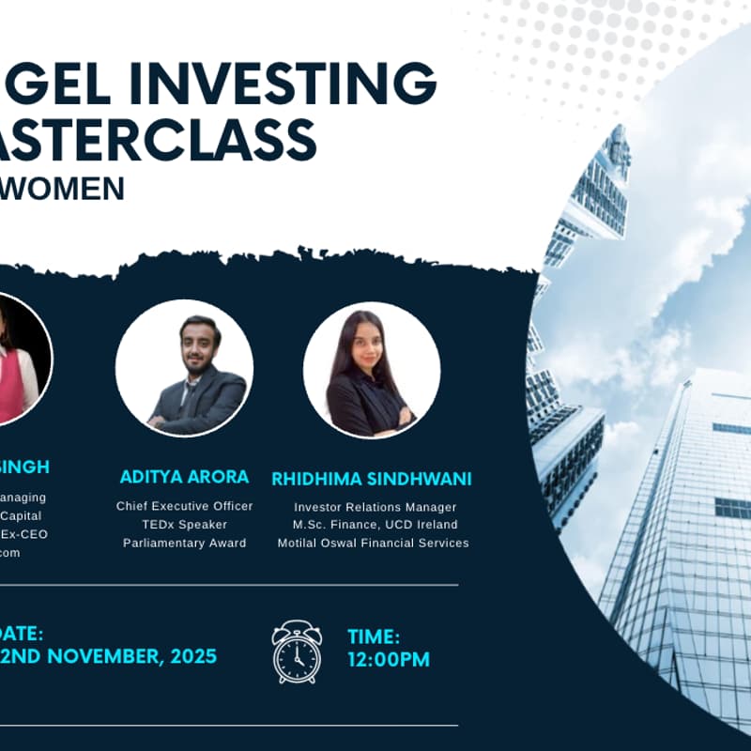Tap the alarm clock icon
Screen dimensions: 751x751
[297, 651]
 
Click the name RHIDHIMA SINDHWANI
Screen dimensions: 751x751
[372, 479]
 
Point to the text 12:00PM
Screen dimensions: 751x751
[389, 660]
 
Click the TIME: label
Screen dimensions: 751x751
[374, 636]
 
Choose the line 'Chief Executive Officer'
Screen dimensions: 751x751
[184, 506]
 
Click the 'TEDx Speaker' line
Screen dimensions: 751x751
[184, 524]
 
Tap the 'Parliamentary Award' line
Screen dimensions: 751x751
[184, 543]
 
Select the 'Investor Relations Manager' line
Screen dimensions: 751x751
[374, 507]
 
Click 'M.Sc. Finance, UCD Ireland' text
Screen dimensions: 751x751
[374, 525]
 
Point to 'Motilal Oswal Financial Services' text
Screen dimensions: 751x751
[374, 543]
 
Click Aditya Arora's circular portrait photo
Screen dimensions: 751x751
[184, 368]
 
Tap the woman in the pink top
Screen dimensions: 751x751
[17, 361]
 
